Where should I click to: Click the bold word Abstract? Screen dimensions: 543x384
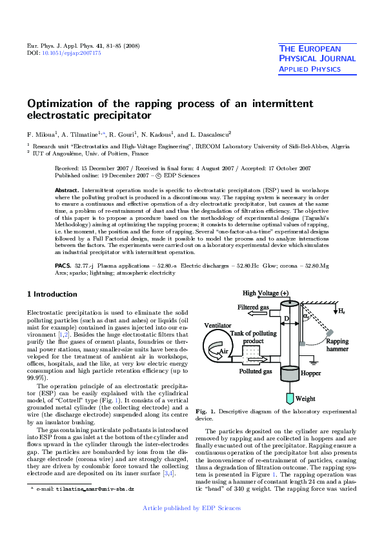coord(66,191)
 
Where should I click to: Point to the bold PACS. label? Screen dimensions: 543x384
coord(63,265)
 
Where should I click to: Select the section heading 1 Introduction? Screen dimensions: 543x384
coord(52,294)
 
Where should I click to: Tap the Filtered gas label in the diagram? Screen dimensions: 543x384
coord(252,307)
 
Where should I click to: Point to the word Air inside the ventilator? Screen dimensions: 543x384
coord(224,351)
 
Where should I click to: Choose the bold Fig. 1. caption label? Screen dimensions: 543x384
coord(205,411)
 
